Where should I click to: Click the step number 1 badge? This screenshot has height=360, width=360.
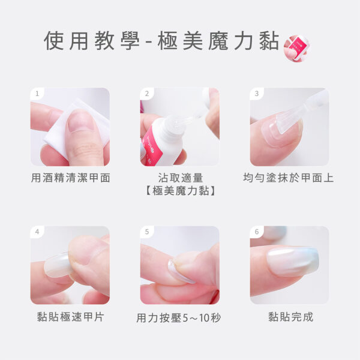click(37, 94)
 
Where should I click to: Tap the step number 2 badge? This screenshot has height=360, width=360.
click(147, 94)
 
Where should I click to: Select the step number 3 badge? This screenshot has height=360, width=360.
click(257, 94)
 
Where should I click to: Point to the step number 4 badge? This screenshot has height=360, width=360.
click(37, 232)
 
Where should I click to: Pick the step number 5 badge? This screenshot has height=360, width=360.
click(147, 232)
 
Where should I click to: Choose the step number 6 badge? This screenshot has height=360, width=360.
click(257, 232)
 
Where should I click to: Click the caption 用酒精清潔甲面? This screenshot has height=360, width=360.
click(70, 178)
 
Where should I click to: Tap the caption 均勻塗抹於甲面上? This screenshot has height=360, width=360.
click(289, 178)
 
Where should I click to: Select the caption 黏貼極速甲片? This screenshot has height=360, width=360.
click(70, 317)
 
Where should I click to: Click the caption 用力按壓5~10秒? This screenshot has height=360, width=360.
click(179, 318)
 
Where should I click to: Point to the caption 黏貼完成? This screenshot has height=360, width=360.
click(290, 317)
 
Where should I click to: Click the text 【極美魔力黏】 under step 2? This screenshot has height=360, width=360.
click(180, 191)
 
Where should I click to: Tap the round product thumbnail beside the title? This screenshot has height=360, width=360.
click(296, 48)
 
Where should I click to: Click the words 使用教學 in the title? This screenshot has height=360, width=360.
click(92, 41)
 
